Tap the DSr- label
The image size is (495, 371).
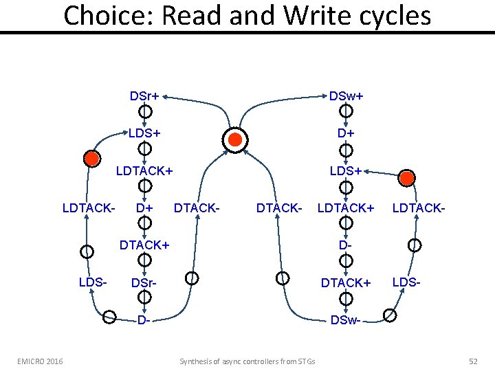[144, 283]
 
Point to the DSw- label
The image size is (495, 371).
[344, 320]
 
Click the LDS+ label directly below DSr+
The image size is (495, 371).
[144, 132]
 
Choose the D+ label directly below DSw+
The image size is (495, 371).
[346, 132]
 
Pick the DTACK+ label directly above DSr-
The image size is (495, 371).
[144, 244]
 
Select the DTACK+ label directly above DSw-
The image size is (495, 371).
[346, 282]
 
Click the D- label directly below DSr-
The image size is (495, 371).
[144, 320]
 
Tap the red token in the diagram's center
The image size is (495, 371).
[235, 139]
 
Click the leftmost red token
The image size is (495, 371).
[91, 159]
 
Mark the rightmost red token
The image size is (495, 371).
[406, 178]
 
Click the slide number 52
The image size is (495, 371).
[472, 361]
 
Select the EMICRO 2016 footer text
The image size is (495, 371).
[40, 361]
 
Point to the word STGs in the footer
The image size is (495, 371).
[305, 361]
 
